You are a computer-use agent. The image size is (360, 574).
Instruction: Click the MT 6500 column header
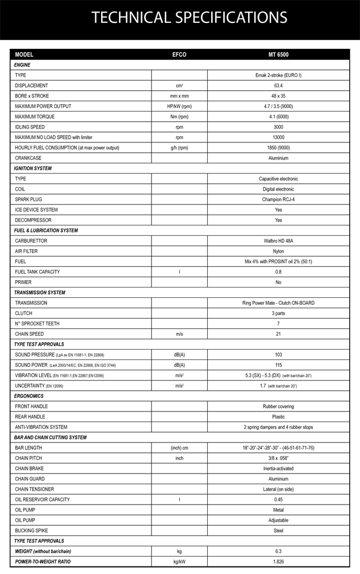278,55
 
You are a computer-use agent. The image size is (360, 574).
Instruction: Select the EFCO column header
179,55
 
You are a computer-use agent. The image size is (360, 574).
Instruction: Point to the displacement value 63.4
278,86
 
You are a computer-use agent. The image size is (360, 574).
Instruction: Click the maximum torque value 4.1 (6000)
278,117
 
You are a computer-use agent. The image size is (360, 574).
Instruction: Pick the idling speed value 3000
278,127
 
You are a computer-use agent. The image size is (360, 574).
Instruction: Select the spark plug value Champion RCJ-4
278,199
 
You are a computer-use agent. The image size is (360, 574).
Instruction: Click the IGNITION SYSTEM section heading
33,168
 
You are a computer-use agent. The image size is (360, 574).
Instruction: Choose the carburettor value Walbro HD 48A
278,241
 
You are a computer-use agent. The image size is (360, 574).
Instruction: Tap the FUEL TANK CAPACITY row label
37,272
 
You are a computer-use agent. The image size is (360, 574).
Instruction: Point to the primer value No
278,282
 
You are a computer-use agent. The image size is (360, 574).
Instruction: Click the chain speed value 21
278,333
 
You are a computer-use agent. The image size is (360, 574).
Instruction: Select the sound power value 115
278,364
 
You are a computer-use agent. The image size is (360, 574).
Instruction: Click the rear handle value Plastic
278,416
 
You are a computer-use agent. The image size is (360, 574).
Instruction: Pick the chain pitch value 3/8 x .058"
278,458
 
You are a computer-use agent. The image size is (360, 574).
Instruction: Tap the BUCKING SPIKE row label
32,530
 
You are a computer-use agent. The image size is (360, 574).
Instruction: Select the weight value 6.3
278,551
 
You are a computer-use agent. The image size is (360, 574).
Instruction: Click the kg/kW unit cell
179,561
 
